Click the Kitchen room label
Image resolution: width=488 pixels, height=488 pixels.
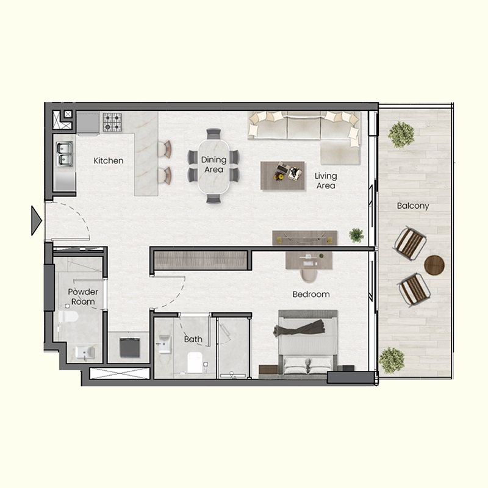point(109,161)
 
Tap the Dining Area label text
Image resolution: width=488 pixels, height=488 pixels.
point(213,165)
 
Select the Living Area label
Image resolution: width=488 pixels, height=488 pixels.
point(326,181)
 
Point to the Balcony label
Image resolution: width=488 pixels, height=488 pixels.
point(413,206)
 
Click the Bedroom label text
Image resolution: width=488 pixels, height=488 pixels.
point(310,294)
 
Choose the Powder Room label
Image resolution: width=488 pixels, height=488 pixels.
point(83,296)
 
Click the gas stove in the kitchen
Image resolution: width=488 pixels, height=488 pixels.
point(113,122)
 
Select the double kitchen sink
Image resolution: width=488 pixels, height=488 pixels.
point(64,153)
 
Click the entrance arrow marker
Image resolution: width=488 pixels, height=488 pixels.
point(36,220)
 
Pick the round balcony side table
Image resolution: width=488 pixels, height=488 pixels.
point(434,265)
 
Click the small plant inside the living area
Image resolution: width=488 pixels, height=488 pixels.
point(356,235)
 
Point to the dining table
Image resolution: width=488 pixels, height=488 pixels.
point(213,166)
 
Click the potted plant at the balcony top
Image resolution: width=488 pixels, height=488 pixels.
point(401,135)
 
